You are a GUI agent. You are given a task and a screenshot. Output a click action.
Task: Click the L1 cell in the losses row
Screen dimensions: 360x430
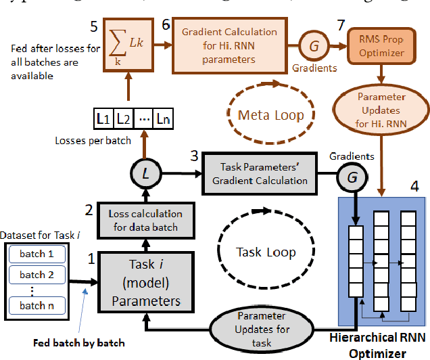pyautogui.click(x=102, y=120)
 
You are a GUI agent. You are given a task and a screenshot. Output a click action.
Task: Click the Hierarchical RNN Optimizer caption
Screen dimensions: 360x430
pyautogui.click(x=380, y=346)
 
